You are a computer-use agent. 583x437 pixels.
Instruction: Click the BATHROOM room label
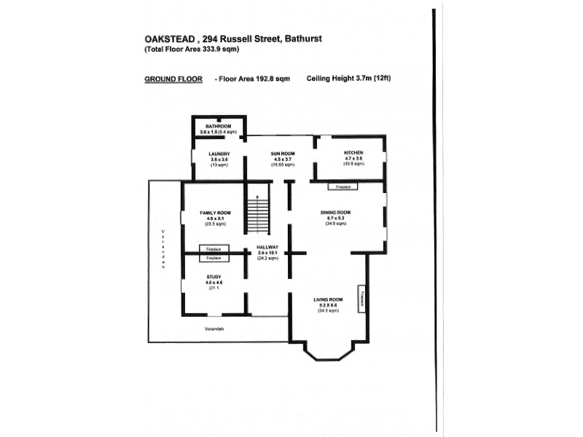point(218,126)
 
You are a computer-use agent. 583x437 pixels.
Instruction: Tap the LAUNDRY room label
point(219,154)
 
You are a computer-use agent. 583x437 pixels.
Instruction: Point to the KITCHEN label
point(353,153)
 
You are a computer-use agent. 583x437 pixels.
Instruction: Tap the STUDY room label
point(214,277)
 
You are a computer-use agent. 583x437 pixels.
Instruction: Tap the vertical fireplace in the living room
point(360,299)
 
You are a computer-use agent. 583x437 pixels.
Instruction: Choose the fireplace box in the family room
point(214,250)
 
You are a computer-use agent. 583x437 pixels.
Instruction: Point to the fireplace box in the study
point(214,259)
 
